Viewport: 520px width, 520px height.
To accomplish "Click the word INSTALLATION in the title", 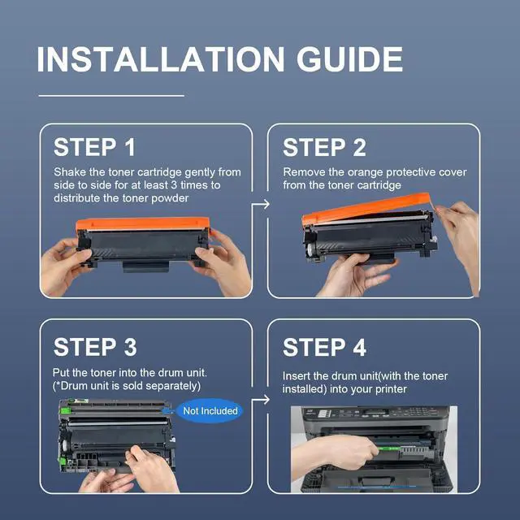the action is [161, 59].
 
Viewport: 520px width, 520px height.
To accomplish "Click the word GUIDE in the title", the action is [349, 59].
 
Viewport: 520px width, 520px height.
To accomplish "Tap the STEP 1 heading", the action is [94, 147].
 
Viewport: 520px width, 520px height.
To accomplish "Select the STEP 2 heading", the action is [324, 147].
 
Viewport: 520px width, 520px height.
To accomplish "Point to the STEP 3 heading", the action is [95, 347].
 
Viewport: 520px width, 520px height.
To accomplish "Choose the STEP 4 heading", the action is [324, 347].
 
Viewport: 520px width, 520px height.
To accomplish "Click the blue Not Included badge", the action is [210, 411].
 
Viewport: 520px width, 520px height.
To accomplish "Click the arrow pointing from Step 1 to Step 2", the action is [261, 204].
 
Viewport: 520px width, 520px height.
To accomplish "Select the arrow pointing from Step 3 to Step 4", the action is [261, 400].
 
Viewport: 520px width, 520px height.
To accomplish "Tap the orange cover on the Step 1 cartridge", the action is [143, 223].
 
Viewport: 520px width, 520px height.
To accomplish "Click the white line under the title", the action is [111, 96].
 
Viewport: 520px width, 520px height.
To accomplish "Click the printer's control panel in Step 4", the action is [375, 414].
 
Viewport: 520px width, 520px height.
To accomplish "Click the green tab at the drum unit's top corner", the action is [66, 411].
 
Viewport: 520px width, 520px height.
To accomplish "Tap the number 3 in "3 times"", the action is [174, 185].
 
